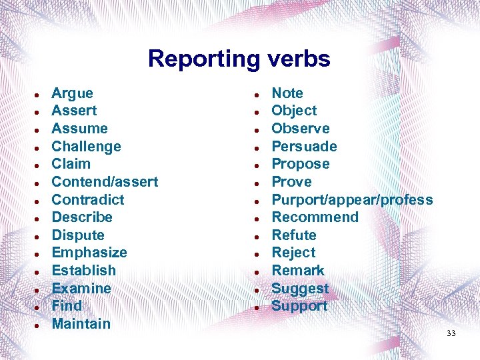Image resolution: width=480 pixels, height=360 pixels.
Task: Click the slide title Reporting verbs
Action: [239, 59]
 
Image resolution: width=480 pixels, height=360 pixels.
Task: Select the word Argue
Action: [72, 93]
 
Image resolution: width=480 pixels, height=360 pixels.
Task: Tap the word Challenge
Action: [86, 147]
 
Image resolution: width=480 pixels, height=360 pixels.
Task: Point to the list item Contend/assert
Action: [105, 181]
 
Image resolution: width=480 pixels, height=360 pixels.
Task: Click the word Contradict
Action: [87, 199]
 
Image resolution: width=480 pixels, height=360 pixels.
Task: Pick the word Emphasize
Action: [89, 253]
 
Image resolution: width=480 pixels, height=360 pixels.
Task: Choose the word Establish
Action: [83, 271]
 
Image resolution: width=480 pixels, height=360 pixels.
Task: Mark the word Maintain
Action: [81, 324]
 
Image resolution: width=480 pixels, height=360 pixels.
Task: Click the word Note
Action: [287, 93]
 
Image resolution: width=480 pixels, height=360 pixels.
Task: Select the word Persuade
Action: [304, 147]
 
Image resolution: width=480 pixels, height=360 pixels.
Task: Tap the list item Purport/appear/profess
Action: [352, 199]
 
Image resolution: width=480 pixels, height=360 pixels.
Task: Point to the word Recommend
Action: [315, 217]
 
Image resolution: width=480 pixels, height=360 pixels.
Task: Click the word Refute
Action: [294, 235]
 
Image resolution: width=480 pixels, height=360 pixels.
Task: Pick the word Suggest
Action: [300, 289]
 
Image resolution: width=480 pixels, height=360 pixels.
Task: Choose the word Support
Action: [299, 306]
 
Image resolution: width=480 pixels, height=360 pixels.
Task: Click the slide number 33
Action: [451, 333]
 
